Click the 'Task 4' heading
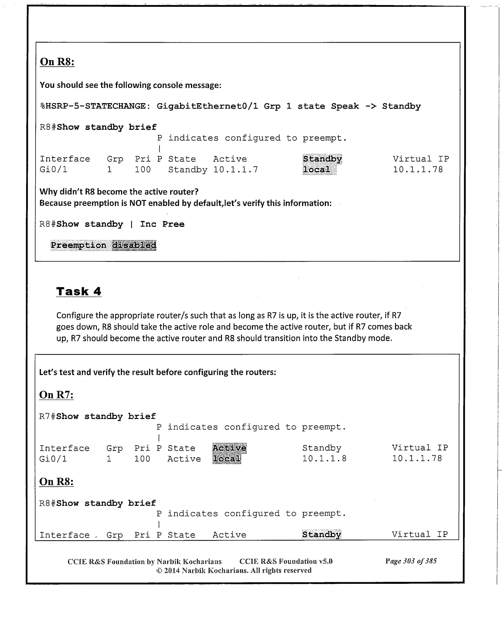[x=79, y=291]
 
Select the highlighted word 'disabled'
[x=134, y=245]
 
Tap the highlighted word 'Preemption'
[x=79, y=245]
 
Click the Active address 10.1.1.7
[x=236, y=170]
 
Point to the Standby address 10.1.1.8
[x=324, y=459]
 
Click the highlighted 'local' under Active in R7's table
[x=227, y=459]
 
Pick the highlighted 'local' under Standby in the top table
[x=317, y=170]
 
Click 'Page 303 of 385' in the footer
[x=411, y=561]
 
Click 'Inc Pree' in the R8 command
[x=162, y=224]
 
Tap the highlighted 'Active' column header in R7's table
[x=230, y=448]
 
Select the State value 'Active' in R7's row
[x=184, y=459]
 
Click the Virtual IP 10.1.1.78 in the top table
[x=418, y=170]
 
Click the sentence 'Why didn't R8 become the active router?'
[x=119, y=192]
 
